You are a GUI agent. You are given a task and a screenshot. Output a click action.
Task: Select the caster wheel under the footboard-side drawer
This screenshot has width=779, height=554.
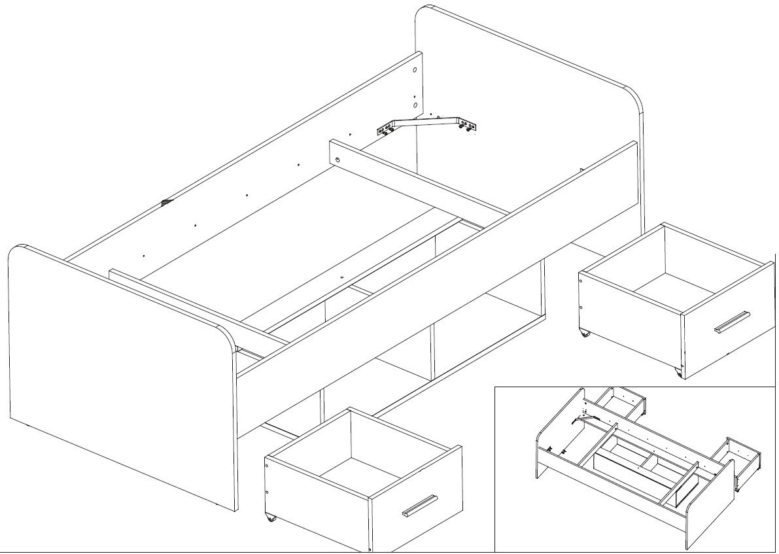(269, 519)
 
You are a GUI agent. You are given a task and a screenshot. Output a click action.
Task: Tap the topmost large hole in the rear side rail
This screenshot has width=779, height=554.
(415, 69)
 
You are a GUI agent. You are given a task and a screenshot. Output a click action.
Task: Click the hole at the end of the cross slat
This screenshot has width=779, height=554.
(338, 161)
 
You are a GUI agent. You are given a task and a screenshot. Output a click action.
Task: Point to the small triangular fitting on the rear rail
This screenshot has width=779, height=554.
(164, 202)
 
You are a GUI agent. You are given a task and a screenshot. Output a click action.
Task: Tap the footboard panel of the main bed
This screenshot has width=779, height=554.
(118, 379)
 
